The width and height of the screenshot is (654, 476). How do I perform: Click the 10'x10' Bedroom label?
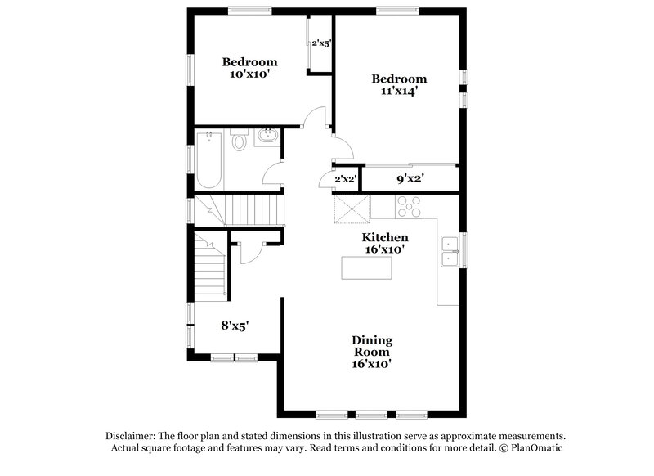click(x=249, y=67)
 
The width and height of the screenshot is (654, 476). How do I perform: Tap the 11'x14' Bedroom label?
click(x=396, y=85)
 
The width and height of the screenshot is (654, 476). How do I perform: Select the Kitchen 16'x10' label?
click(x=385, y=242)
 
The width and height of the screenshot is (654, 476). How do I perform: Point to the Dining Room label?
click(x=372, y=351)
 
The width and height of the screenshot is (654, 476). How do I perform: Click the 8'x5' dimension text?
click(x=235, y=325)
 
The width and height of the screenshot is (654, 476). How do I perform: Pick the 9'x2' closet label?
click(x=410, y=178)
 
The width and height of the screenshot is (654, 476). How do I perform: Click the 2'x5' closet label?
click(x=320, y=43)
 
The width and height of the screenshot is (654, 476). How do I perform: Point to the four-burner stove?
click(x=409, y=207)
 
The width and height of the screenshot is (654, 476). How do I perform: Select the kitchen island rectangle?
click(x=366, y=267)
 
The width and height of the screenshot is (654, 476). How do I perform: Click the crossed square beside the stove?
click(x=352, y=209)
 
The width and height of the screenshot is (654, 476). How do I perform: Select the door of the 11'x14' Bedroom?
click(x=343, y=147)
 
